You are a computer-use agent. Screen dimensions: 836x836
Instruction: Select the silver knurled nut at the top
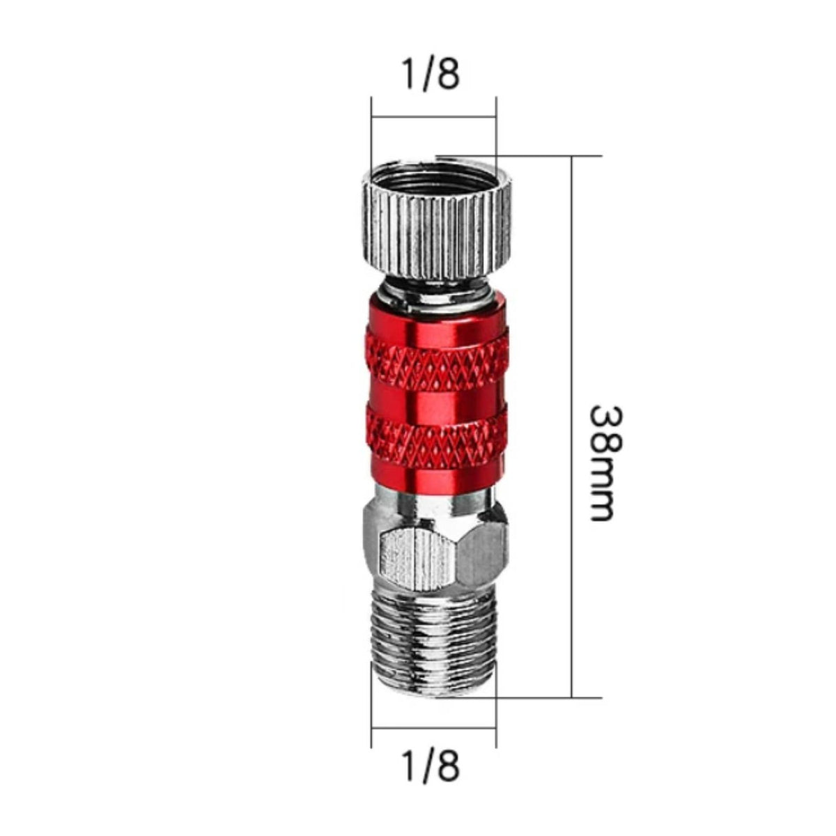(x=436, y=222)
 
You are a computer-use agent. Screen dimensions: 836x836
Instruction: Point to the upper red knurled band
(x=436, y=357)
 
